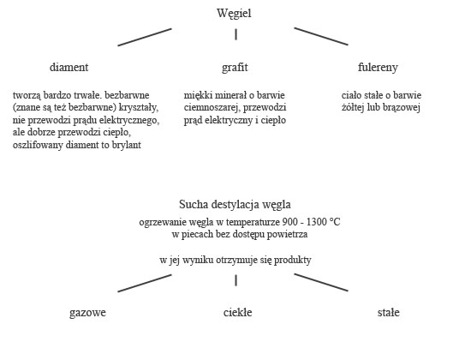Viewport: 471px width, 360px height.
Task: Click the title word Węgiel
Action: pos(234,14)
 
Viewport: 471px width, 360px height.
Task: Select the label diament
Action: pos(69,67)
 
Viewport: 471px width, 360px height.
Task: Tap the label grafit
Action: pos(235,68)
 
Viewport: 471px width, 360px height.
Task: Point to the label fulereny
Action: pos(378,68)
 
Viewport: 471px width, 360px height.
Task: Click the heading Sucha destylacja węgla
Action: pos(235,205)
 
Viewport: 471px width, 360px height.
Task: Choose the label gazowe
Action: pos(87,313)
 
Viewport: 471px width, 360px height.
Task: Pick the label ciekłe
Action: pos(237,313)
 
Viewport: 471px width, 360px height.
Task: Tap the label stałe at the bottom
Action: pos(389,313)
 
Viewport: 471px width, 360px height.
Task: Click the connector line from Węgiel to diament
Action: pos(145,38)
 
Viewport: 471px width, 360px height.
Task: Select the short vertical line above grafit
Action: pos(235,34)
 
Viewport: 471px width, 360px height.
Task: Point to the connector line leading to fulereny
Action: pos(321,36)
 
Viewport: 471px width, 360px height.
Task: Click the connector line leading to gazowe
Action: pos(145,283)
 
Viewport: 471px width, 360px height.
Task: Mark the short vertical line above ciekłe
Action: pos(235,280)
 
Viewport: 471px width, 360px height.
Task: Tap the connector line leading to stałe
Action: pos(321,282)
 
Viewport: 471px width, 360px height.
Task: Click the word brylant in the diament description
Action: pos(127,145)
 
